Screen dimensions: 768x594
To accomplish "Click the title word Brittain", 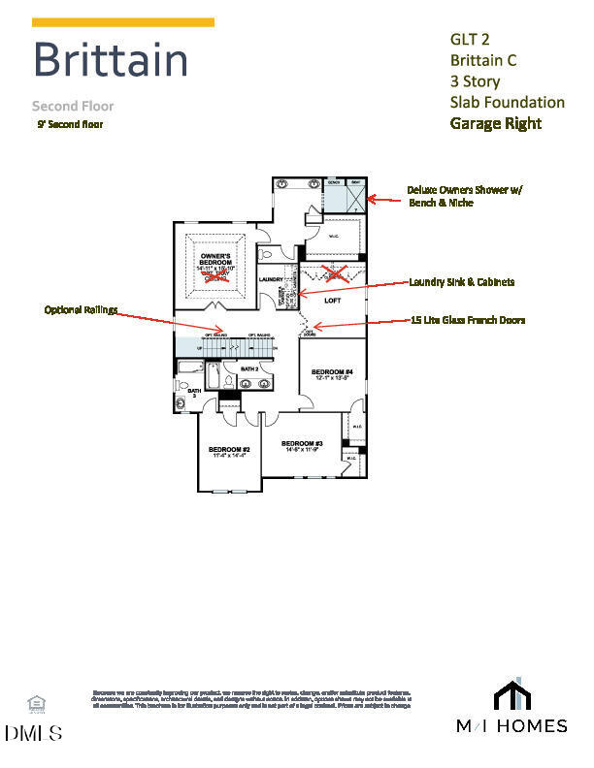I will (110, 60).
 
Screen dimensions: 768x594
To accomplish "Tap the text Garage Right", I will (495, 123).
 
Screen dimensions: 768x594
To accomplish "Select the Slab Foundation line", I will (507, 102).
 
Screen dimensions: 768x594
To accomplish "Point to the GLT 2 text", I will (471, 40).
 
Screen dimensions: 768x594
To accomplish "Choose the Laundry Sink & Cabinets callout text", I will (461, 282).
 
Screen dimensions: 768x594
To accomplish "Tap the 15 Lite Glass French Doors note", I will (468, 320).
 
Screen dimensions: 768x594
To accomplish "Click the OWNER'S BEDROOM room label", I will (215, 260).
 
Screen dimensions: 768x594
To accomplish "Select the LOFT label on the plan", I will (334, 301).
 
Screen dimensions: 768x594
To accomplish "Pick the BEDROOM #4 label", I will (332, 372).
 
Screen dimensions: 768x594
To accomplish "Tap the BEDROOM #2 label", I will (230, 450).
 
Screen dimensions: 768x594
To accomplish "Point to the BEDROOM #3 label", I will (303, 444).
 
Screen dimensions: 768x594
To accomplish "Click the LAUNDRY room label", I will (271, 281).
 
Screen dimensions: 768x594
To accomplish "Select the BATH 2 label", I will (248, 368).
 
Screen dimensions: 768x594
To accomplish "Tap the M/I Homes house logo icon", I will (514, 696).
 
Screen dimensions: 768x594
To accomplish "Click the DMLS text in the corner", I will (34, 733).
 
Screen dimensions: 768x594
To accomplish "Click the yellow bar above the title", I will (123, 21).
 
